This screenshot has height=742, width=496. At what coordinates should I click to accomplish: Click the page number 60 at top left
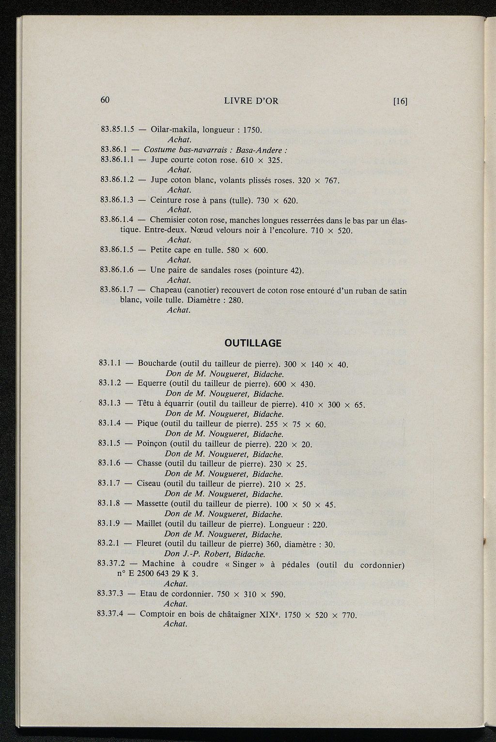tap(106, 100)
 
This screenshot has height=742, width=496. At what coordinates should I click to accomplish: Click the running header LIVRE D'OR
tap(251, 101)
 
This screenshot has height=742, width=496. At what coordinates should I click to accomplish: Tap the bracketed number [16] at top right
tap(400, 101)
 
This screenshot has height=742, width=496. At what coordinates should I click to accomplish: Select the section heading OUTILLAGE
tap(253, 343)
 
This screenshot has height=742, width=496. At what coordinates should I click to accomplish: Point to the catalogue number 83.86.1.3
tap(116, 200)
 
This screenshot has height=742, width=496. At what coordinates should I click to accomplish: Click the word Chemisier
tap(168, 220)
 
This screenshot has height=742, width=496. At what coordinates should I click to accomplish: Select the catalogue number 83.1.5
tap(109, 443)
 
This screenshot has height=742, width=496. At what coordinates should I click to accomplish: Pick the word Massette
tap(152, 504)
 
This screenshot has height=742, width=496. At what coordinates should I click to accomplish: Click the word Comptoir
tap(158, 614)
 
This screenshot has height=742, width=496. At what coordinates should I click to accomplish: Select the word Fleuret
tap(149, 544)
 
